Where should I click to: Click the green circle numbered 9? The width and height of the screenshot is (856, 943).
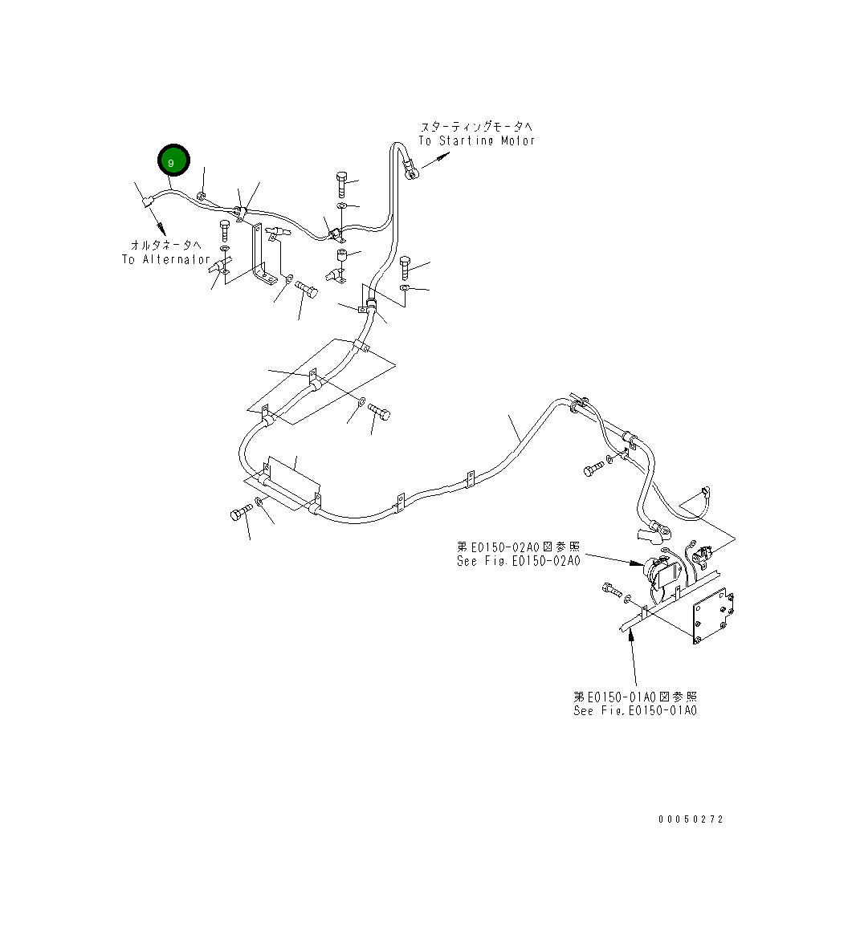[173, 161]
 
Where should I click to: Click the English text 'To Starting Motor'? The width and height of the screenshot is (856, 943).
[476, 140]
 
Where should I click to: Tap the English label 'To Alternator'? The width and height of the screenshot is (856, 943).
[165, 259]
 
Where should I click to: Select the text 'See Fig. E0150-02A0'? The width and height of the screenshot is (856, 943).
[518, 561]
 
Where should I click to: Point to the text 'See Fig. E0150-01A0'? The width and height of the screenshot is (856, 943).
[635, 710]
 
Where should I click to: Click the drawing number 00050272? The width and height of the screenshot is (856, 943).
[691, 819]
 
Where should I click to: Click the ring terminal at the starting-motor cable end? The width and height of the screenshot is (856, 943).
[410, 170]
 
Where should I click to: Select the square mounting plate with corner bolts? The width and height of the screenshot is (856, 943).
[713, 614]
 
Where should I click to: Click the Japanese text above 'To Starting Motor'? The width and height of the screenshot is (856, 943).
[475, 127]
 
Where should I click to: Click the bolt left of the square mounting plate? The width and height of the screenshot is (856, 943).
[611, 592]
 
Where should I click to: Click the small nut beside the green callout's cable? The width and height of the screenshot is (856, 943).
[202, 196]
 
